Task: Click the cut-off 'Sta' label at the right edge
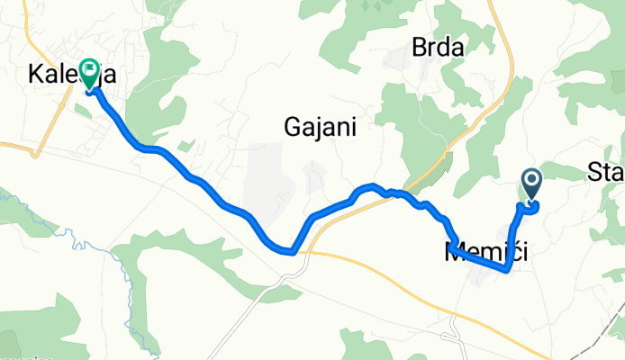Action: tap(606, 171)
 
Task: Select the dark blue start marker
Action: tap(530, 184)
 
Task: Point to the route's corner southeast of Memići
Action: tap(509, 268)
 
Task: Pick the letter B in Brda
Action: tap(418, 48)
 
